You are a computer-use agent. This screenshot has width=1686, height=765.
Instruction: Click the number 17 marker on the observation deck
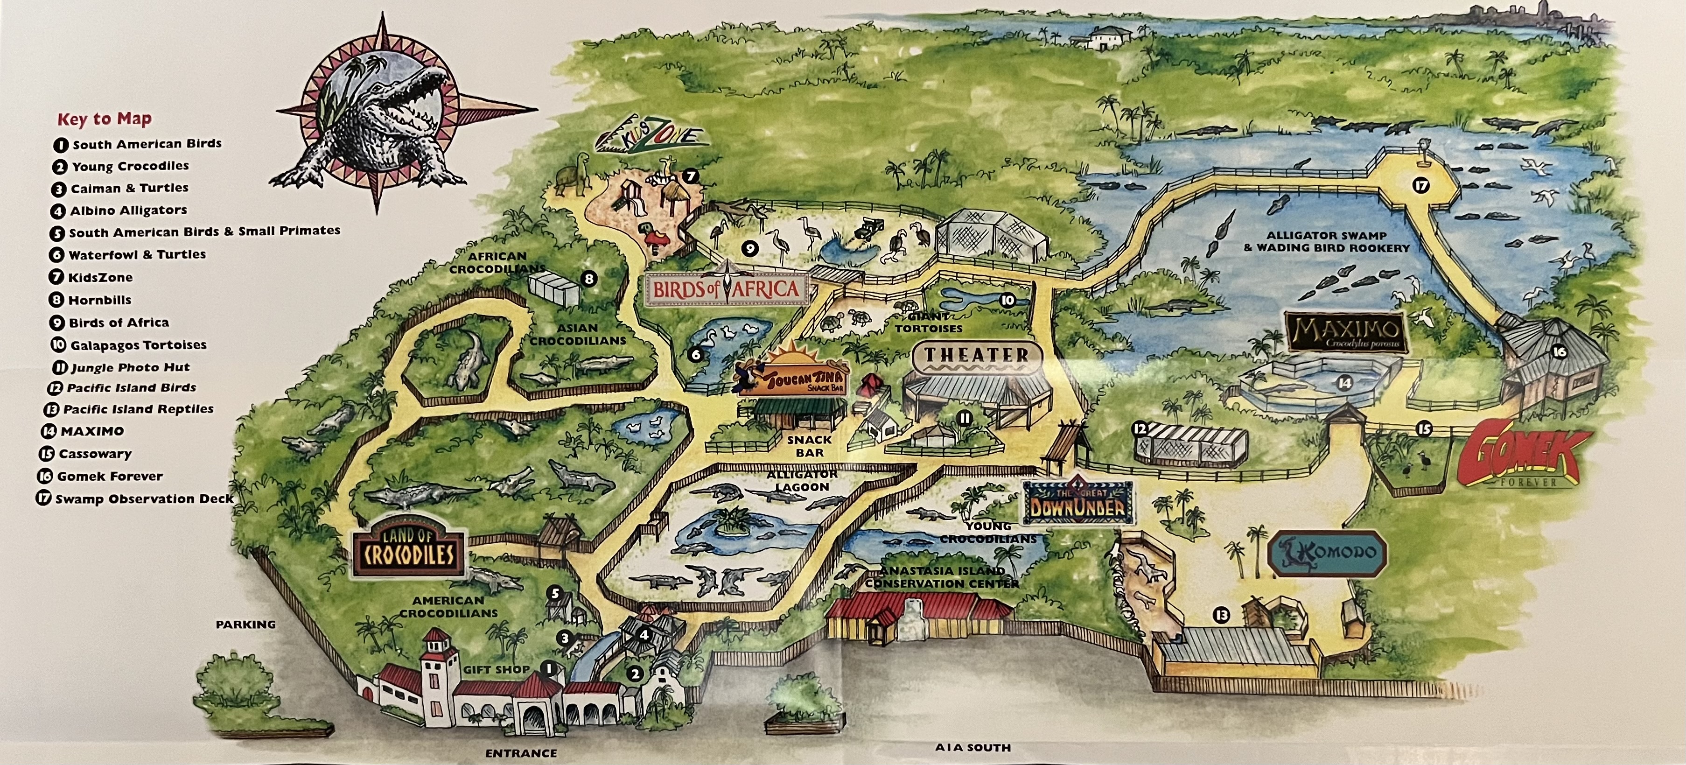pyautogui.click(x=1420, y=186)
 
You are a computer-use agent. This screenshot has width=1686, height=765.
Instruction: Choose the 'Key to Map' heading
pyautogui.click(x=104, y=119)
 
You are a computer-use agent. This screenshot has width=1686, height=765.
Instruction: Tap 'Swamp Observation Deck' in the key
pyautogui.click(x=143, y=498)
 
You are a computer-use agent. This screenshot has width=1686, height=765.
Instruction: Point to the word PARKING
pyautogui.click(x=245, y=625)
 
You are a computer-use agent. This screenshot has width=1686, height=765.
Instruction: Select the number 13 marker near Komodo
pyautogui.click(x=1221, y=615)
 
